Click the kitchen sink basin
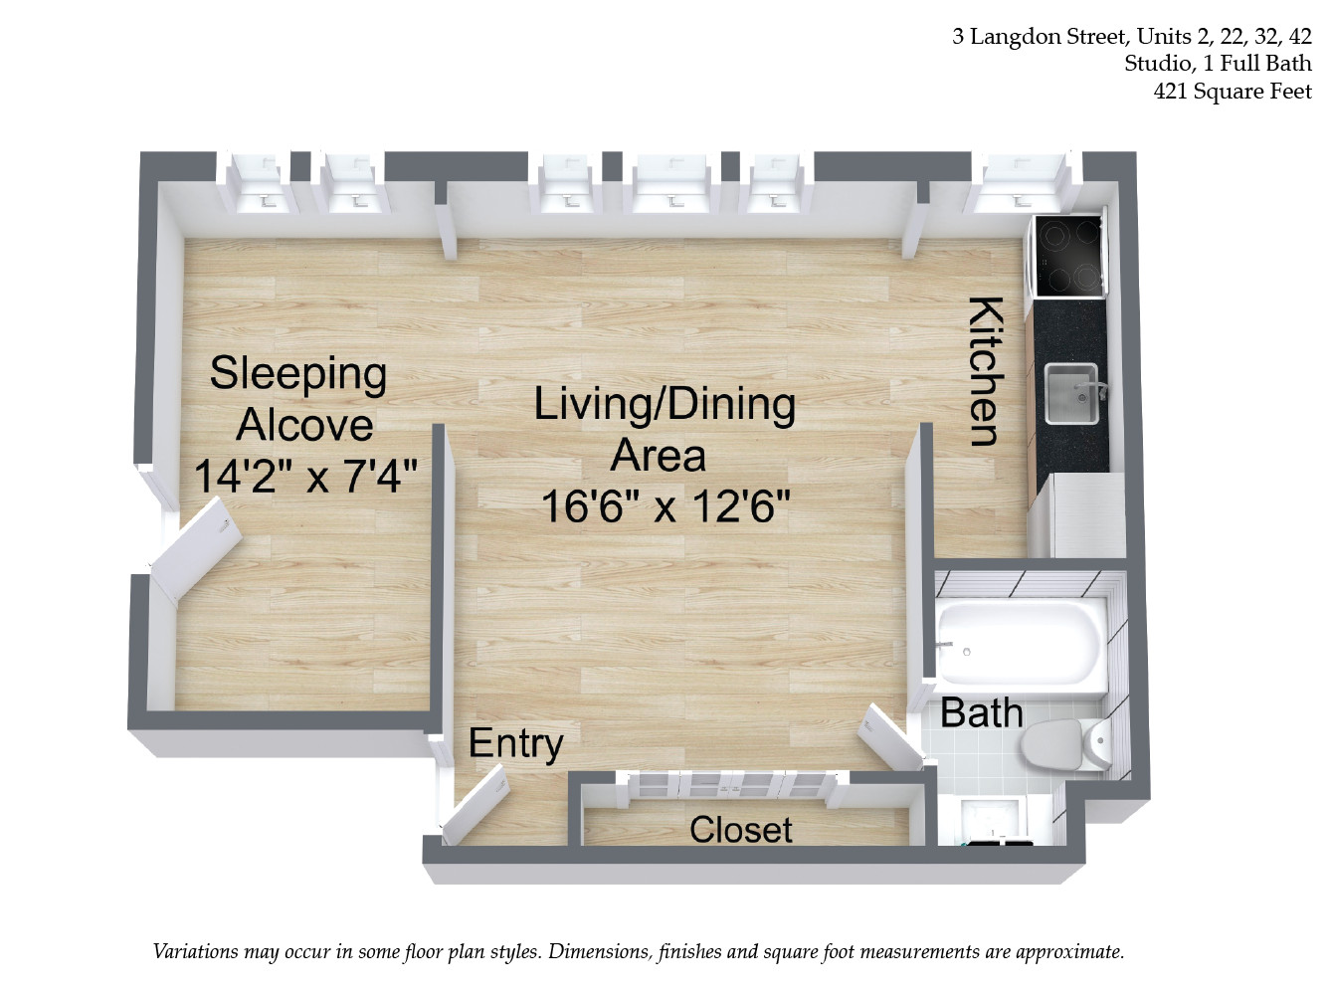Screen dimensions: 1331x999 click(1071, 393)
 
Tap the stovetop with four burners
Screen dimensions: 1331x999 click(1069, 256)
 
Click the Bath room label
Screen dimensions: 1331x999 click(981, 712)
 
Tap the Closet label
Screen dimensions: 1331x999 click(740, 829)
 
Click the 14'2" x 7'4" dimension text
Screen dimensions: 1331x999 click(305, 477)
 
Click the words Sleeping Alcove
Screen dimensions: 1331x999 click(298, 399)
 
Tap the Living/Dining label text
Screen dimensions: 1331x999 click(665, 404)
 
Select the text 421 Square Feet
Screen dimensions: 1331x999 click(1233, 92)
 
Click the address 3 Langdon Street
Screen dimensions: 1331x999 click(1040, 37)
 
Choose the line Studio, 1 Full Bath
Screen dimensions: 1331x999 click(1218, 64)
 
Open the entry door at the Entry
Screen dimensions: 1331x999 click(476, 803)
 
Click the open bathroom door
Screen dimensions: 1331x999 click(890, 735)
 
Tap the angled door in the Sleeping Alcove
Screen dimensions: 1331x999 click(195, 550)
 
